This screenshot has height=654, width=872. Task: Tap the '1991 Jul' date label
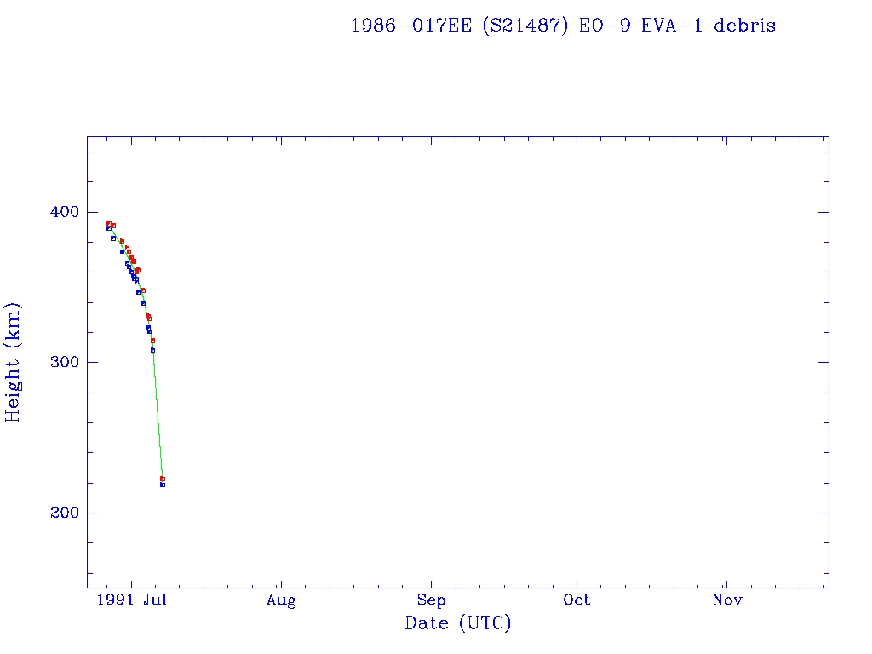[131, 600]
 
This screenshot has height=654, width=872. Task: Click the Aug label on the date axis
[281, 600]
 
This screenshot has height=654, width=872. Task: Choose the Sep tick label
[431, 600]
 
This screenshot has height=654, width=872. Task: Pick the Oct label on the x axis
[577, 600]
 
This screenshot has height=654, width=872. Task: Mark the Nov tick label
[727, 600]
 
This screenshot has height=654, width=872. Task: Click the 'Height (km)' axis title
[14, 362]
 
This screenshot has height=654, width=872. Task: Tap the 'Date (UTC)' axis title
[458, 624]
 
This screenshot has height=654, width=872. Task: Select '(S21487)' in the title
[525, 26]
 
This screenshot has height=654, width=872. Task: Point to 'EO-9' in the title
[601, 26]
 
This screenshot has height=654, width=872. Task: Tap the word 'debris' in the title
[745, 26]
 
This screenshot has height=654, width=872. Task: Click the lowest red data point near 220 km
[162, 479]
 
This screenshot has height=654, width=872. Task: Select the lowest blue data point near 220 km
[162, 485]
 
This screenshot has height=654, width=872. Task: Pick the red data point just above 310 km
[152, 341]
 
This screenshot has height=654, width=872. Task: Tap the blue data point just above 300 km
[152, 350]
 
